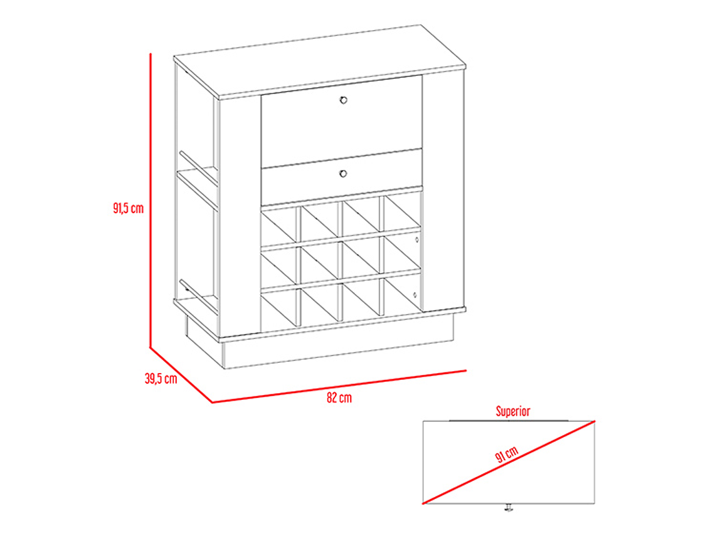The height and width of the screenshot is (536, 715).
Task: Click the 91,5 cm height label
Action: click(128, 208)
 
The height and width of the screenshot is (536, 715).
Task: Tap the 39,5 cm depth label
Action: click(161, 378)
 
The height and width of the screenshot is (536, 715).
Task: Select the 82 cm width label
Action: click(339, 397)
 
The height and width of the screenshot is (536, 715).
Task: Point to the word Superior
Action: click(513, 411)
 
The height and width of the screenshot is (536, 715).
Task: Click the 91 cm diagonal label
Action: click(507, 455)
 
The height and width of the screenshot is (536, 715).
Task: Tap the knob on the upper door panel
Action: click(343, 100)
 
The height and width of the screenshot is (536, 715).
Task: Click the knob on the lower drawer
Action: click(343, 173)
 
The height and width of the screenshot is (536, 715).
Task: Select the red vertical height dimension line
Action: click(151, 200)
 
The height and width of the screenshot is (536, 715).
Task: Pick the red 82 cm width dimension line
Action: click(339, 387)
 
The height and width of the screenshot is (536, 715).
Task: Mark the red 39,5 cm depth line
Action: click(181, 375)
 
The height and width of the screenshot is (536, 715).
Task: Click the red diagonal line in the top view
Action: click(509, 462)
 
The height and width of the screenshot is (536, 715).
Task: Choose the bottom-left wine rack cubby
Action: click(278, 308)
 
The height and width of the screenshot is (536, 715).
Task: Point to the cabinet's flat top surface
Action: click(320, 61)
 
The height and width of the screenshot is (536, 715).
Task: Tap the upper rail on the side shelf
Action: click(198, 169)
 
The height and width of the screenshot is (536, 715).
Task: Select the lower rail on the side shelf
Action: click(198, 297)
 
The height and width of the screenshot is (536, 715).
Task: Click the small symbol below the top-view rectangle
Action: click(509, 507)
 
